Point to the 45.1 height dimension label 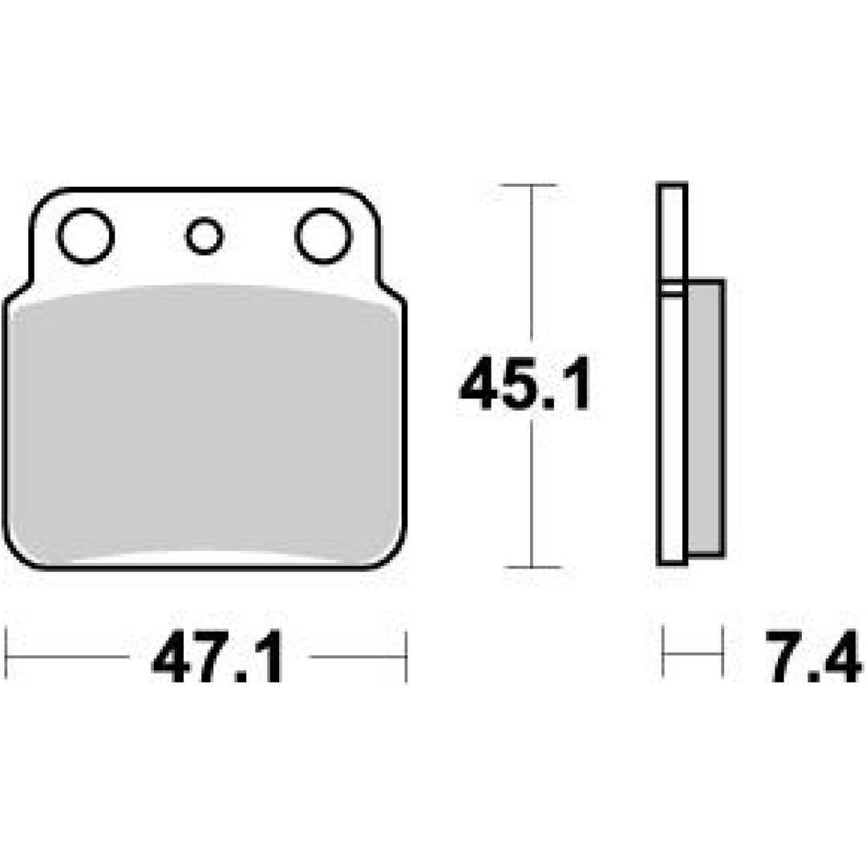click(x=524, y=383)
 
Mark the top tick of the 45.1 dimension click(x=528, y=185)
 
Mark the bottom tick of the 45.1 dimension click(x=533, y=567)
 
